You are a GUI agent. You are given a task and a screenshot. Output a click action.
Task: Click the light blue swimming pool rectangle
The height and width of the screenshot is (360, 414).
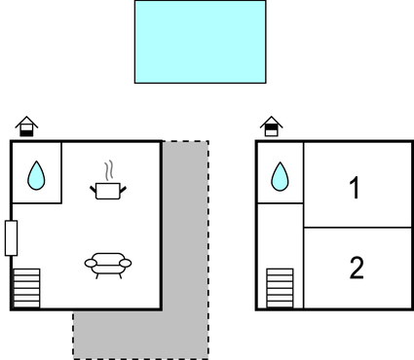point(200,42)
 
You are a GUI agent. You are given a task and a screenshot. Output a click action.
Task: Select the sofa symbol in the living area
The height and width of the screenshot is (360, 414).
point(107,264)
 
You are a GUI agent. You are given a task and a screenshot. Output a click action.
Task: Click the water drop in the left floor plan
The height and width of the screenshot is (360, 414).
point(36,175)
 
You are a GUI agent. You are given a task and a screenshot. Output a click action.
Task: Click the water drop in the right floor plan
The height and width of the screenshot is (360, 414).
point(280,175)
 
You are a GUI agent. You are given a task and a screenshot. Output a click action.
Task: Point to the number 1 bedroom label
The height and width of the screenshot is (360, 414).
point(356,188)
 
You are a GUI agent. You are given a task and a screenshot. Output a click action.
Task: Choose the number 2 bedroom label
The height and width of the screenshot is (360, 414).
point(356,268)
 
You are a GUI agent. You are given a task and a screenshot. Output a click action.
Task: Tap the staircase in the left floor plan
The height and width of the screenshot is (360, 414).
point(26,289)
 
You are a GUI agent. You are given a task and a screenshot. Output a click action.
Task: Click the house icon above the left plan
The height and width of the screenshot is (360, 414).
point(26,126)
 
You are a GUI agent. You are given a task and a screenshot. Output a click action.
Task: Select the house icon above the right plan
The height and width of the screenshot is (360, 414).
point(271,126)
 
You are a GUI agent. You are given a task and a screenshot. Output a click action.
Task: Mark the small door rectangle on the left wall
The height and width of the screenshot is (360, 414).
point(11,238)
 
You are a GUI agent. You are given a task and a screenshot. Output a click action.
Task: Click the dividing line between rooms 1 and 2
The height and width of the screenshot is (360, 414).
point(358,228)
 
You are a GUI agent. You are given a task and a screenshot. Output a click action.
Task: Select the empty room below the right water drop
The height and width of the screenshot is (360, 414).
point(280,234)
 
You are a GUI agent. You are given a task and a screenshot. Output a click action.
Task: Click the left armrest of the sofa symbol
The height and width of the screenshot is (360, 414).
point(89,262)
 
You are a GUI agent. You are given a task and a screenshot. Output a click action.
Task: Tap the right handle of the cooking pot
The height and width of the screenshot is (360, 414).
point(124,186)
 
